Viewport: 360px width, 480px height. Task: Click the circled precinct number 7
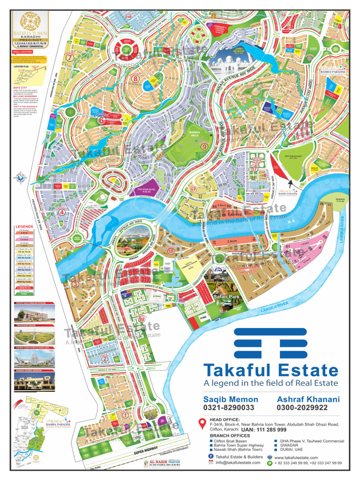[x=70, y=58]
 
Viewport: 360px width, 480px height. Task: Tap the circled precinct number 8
[x=135, y=79]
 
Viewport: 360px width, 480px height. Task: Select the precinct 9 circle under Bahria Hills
[x=204, y=146]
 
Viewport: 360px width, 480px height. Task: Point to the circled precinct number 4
[x=61, y=212]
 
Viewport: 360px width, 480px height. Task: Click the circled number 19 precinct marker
[x=142, y=319]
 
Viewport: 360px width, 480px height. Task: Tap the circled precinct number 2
[x=105, y=359]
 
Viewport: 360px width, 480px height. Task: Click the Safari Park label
[x=223, y=297]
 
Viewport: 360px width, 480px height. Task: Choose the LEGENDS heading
[x=24, y=227]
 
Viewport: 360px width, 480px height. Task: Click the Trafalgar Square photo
[x=34, y=336]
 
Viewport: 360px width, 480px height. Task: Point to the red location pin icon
[x=202, y=424]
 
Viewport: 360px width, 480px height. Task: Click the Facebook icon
[x=211, y=456]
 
